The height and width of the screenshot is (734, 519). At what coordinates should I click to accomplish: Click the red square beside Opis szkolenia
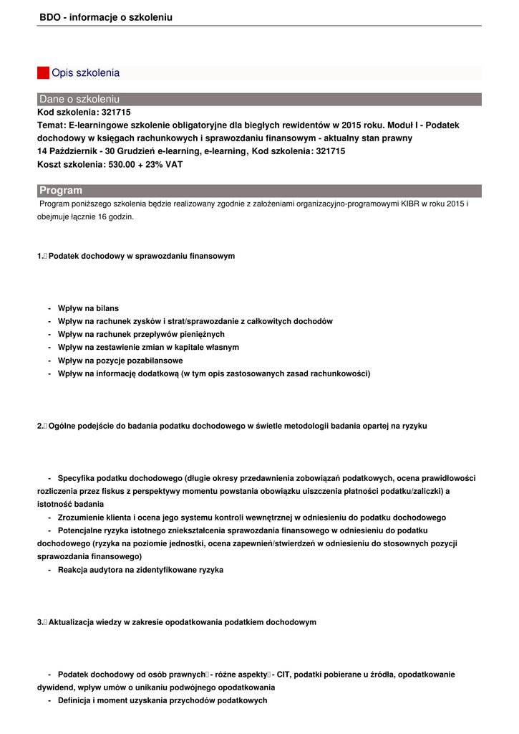[x=43, y=73]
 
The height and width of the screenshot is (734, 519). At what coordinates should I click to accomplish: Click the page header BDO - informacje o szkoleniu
[x=106, y=17]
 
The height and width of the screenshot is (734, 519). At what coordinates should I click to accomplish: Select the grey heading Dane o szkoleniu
[x=79, y=99]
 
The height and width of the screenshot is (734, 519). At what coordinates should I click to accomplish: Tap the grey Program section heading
[x=61, y=190]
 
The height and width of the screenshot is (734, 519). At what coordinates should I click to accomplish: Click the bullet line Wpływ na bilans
[x=88, y=308]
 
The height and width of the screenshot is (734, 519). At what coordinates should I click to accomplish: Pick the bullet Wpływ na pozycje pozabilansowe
[x=120, y=361]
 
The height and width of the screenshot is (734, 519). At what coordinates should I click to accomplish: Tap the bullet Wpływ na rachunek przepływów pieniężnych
[x=141, y=334]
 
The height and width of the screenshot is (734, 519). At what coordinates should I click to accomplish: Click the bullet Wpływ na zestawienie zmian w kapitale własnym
[x=148, y=347]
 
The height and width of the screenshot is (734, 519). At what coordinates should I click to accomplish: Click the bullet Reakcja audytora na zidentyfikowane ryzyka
[x=140, y=570]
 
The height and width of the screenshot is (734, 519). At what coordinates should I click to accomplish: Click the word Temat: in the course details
[x=52, y=125]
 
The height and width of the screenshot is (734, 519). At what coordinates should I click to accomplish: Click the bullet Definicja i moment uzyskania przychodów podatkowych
[x=163, y=700]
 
